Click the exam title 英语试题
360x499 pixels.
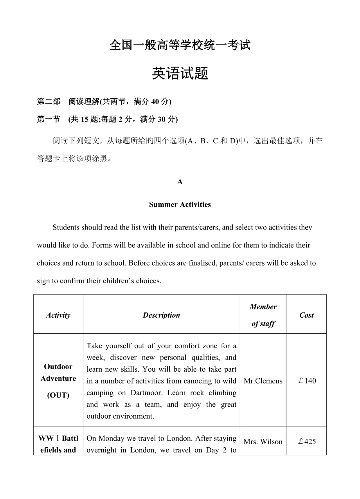click(180, 73)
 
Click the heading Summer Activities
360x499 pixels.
click(180, 204)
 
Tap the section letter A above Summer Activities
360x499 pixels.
click(180, 182)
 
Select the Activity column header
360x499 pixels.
click(58, 315)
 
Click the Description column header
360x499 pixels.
click(161, 315)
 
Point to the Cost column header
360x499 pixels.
click(306, 315)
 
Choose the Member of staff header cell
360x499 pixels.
click(263, 315)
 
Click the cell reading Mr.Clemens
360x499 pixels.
click(263, 381)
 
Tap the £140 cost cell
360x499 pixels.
click(307, 381)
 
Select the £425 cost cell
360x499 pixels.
click(307, 441)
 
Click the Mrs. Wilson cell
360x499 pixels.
click(263, 441)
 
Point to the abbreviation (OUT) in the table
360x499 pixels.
click(58, 395)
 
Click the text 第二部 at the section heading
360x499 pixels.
click(49, 102)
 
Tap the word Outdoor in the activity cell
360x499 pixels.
click(58, 367)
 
